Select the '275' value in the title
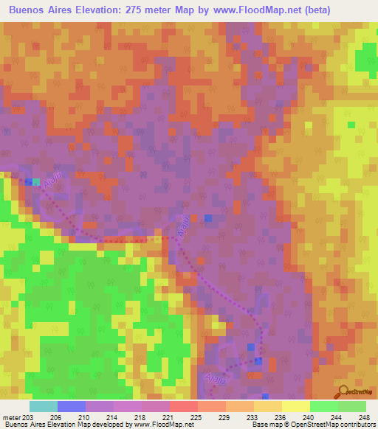(x=145, y=10)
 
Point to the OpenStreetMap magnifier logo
(x=343, y=390)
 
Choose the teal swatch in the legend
(x=44, y=406)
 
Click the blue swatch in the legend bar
(x=72, y=406)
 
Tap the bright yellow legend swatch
(x=295, y=406)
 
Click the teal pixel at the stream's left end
(x=35, y=181)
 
